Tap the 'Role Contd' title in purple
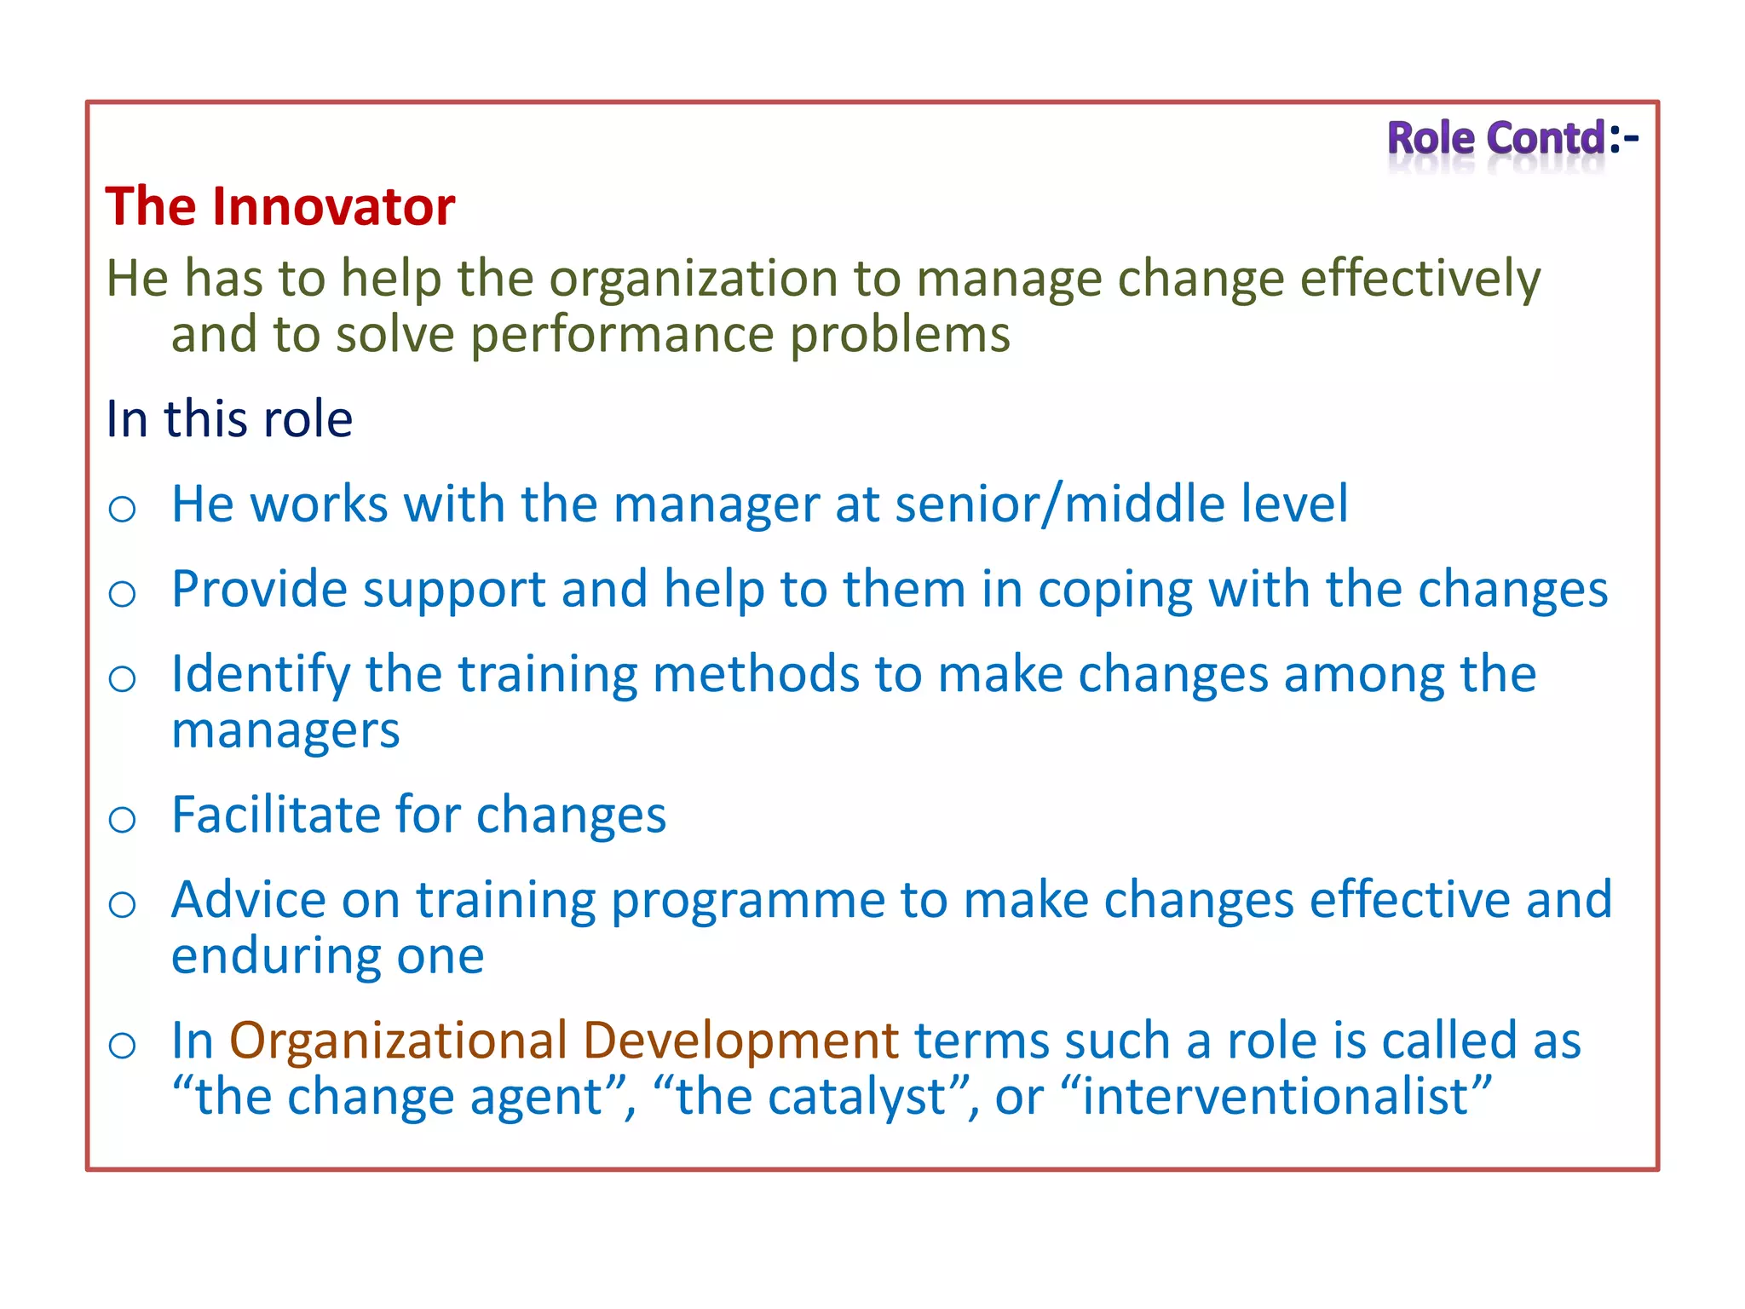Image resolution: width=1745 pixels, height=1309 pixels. tap(1496, 138)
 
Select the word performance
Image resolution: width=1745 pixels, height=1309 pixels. tap(622, 334)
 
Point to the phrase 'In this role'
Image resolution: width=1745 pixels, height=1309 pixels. tap(229, 419)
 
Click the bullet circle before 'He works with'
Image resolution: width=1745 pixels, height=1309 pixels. tap(123, 510)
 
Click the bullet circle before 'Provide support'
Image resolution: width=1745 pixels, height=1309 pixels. tap(123, 594)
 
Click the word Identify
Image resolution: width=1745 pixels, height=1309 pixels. tap(261, 674)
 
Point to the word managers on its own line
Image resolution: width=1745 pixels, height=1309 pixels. tap(285, 731)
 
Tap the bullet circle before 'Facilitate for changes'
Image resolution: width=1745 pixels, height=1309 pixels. tap(123, 820)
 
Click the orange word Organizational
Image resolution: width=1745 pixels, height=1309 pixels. tap(398, 1041)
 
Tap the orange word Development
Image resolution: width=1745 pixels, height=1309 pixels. tap(740, 1041)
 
